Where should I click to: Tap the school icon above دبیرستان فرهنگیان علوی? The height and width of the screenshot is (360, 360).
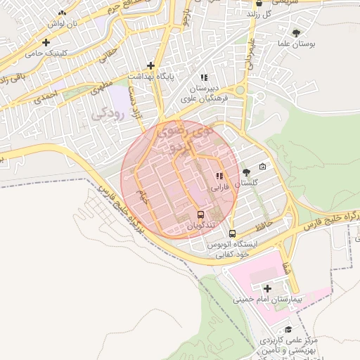[204, 77]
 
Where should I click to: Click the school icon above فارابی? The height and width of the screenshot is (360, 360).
[219, 176]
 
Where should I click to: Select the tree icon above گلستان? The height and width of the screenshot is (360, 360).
[245, 172]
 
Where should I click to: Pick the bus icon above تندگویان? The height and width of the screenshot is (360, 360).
[201, 214]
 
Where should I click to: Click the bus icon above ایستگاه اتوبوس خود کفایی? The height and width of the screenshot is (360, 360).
[233, 233]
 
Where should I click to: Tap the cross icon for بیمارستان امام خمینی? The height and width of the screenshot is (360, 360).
[267, 288]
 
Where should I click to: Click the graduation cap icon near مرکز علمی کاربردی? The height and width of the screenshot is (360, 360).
[288, 329]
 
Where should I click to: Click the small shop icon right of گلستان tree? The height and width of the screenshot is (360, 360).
[262, 167]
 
